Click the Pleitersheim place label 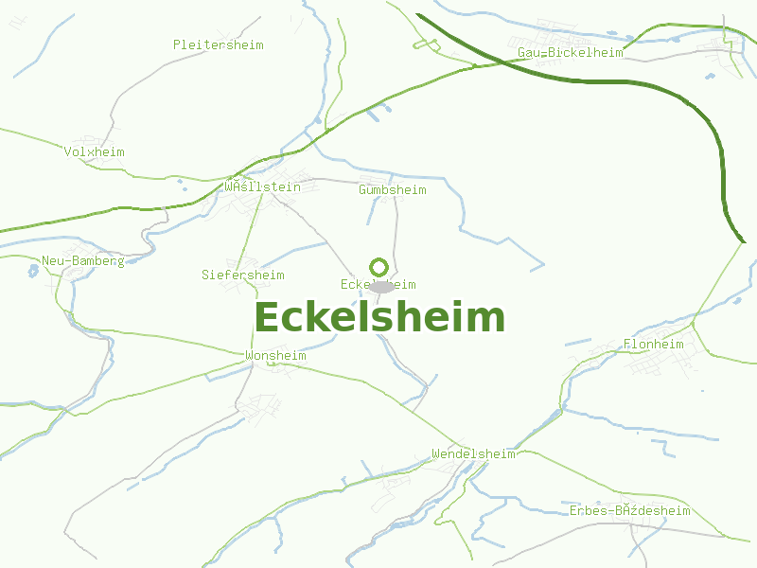pos(218,44)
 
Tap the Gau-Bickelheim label pos(570,52)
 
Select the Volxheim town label pos(94,151)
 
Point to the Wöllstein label pos(262,186)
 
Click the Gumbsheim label pos(392,189)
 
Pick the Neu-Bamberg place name pos(82,260)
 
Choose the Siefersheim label pos(242,275)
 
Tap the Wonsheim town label pos(275,355)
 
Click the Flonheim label pos(653,344)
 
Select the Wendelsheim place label pos(472,453)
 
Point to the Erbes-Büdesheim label pos(629,510)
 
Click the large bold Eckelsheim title pos(379,318)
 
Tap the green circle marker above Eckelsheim pos(379,267)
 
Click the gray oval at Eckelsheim pos(380,286)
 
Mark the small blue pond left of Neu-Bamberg pos(33,270)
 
